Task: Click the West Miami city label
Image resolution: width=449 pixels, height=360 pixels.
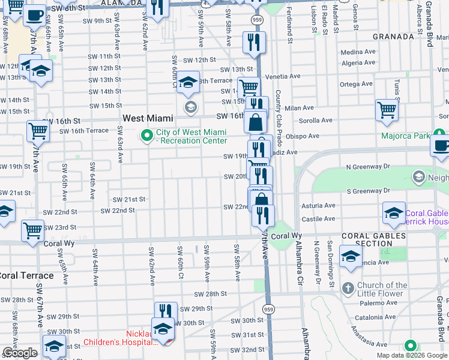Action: click(148, 119)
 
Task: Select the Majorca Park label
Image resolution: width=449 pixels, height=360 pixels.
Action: click(405, 136)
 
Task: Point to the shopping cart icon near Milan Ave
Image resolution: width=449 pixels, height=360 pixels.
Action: click(387, 110)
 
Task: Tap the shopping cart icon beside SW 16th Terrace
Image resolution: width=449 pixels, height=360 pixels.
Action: click(37, 130)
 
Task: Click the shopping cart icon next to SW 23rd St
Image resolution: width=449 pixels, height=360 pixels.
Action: click(32, 230)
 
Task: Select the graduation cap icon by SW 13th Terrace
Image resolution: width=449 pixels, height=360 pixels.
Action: click(188, 82)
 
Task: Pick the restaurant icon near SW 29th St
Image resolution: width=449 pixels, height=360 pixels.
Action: click(166, 311)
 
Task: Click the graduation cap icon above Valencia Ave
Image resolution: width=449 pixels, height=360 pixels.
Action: click(351, 256)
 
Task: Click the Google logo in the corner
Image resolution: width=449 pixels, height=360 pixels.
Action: click(20, 353)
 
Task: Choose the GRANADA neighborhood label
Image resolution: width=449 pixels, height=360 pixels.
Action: click(393, 36)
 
